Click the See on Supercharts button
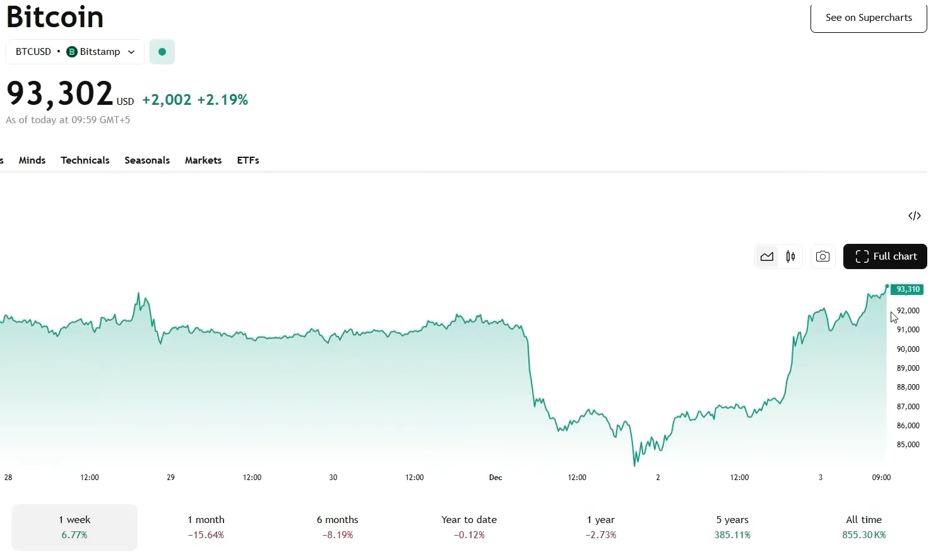pos(868,18)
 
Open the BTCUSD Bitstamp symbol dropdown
pos(75,52)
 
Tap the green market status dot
pos(162,52)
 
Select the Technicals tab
pos(85,160)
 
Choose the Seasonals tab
pos(147,160)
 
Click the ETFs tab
pos(248,160)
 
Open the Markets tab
pos(203,160)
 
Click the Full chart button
pos(885,256)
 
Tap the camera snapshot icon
pos(822,256)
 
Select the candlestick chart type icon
pos(790,256)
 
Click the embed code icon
pos(914,216)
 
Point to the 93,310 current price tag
pos(907,289)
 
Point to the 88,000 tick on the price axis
pos(908,387)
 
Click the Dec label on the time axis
pos(496,478)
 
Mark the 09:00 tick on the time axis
pos(881,478)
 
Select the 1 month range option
pos(206,527)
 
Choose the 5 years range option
pos(732,527)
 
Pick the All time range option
pos(864,527)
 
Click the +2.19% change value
pos(222,100)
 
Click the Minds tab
pos(32,160)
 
